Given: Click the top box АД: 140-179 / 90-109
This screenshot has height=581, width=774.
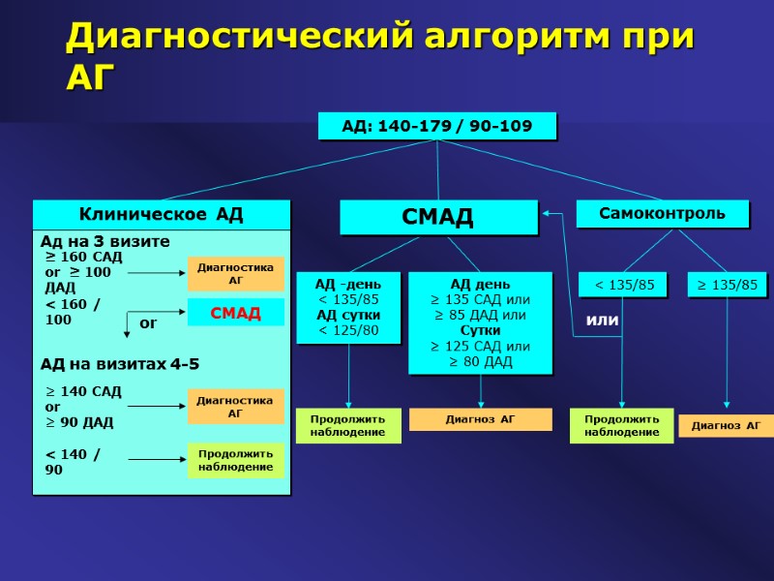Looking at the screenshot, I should [x=437, y=127].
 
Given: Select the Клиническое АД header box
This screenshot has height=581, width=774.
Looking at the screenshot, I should [x=162, y=214].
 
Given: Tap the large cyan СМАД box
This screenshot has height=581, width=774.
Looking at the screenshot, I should [x=438, y=217].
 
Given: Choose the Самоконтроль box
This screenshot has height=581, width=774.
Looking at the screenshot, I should [x=663, y=214].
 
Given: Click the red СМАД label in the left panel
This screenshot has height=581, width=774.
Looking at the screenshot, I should [x=235, y=312].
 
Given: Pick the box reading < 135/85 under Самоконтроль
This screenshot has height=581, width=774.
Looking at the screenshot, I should [x=624, y=285].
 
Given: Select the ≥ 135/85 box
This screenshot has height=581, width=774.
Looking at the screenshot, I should [x=728, y=285].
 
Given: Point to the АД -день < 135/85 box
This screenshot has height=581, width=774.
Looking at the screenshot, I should [x=348, y=308].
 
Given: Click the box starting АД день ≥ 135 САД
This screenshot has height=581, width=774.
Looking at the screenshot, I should [x=481, y=322].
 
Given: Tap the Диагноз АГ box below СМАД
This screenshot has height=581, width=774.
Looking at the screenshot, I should [x=481, y=419].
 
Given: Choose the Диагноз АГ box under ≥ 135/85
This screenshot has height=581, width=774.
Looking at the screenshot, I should [x=726, y=425].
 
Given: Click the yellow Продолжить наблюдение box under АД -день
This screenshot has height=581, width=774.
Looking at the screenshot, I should [x=347, y=425].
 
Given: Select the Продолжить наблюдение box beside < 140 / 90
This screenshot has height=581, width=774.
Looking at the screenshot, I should [x=235, y=460].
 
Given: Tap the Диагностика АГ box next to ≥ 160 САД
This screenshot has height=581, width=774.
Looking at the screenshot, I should [x=235, y=274].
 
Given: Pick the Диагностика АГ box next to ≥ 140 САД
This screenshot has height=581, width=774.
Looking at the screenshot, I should [x=235, y=407].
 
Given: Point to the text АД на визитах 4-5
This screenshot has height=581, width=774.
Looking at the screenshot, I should [x=119, y=365].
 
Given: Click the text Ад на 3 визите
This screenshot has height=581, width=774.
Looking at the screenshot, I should [x=104, y=241].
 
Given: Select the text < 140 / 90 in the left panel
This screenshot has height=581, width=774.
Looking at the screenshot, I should [x=73, y=461].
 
